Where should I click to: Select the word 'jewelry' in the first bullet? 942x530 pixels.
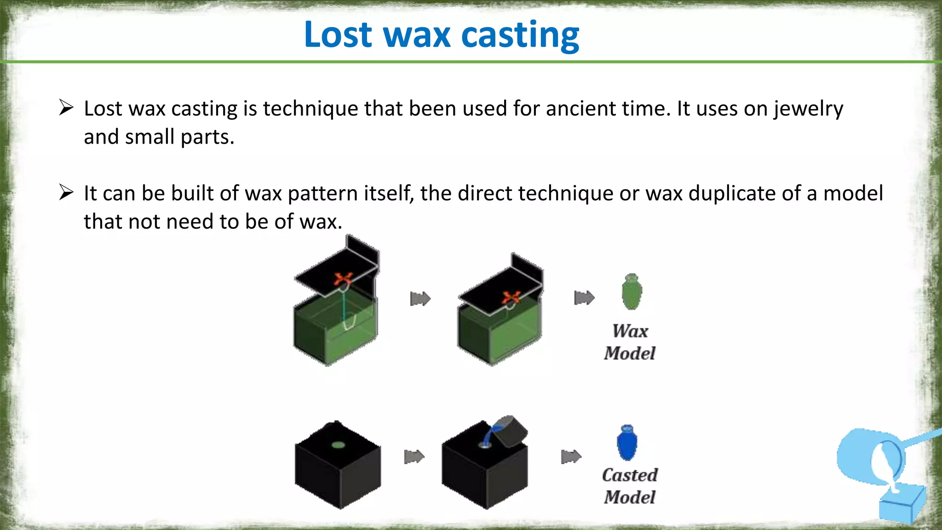[x=808, y=109]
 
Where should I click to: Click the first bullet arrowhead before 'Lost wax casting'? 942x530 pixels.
[x=66, y=108]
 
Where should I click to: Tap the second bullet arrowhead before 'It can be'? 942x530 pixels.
[x=66, y=192]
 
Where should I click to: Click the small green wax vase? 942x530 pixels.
[x=631, y=292]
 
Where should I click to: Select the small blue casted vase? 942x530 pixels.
[x=627, y=443]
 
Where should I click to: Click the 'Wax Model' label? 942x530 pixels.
[x=630, y=342]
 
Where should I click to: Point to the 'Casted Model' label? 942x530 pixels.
[x=630, y=486]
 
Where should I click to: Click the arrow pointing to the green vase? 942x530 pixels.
[x=584, y=298]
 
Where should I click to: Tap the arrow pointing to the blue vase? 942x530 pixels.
[x=571, y=457]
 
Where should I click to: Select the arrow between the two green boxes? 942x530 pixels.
[x=420, y=299]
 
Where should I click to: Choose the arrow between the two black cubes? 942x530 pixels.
[x=414, y=457]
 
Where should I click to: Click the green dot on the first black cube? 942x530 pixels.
[x=338, y=445]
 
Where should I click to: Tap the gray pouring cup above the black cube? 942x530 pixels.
[x=511, y=431]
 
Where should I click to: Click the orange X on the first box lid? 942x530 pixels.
[x=343, y=279]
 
